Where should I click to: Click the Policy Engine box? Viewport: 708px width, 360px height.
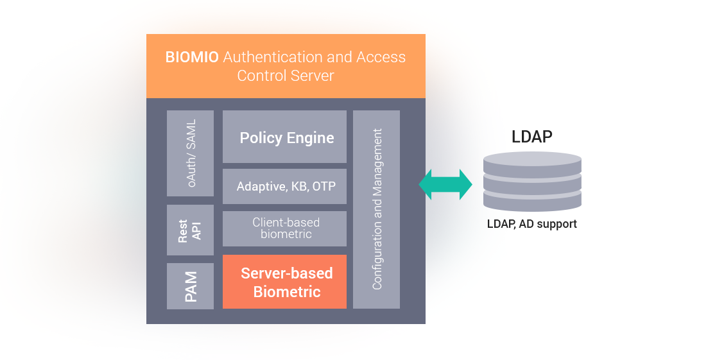point(284,137)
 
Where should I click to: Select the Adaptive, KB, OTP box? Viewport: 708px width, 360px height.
point(284,186)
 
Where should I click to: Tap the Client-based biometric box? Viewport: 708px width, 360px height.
point(284,228)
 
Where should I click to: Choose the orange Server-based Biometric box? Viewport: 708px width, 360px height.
point(284,282)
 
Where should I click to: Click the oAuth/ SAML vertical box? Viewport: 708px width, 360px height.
point(190,153)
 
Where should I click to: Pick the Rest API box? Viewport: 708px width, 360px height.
point(190,230)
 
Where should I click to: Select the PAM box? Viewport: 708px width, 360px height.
point(190,286)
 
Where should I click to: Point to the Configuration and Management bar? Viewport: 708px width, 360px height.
point(377,209)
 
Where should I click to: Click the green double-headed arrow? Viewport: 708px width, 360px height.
point(445,185)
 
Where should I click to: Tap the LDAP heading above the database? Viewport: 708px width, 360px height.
point(531,136)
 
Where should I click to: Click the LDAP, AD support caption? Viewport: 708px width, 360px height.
point(531,224)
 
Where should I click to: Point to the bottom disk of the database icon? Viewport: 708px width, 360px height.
point(532,201)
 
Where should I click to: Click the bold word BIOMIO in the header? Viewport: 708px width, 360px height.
point(192,57)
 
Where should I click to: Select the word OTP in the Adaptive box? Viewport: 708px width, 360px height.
point(324,187)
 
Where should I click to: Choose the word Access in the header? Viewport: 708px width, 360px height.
point(381,57)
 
